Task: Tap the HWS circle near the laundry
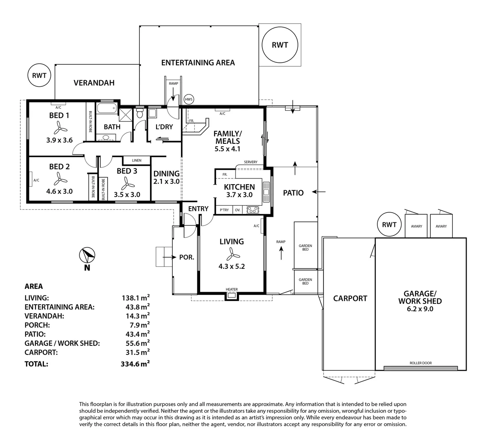point(189,99)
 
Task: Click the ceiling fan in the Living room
point(232,254)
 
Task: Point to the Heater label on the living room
point(232,289)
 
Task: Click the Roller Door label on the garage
point(421,363)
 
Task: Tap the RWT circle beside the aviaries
point(389,224)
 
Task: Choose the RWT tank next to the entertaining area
point(280,45)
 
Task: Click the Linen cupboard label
point(137,161)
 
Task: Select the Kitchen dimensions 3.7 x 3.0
point(239,195)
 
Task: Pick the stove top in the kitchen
point(253,210)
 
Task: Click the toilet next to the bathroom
point(140,112)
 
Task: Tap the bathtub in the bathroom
point(106,109)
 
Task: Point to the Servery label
point(251,162)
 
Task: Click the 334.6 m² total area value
point(135,364)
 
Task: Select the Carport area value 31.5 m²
point(136,352)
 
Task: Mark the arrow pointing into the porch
point(169,257)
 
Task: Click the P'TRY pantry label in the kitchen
point(224,210)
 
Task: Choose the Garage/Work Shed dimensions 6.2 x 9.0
point(420,309)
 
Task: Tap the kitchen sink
point(266,192)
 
